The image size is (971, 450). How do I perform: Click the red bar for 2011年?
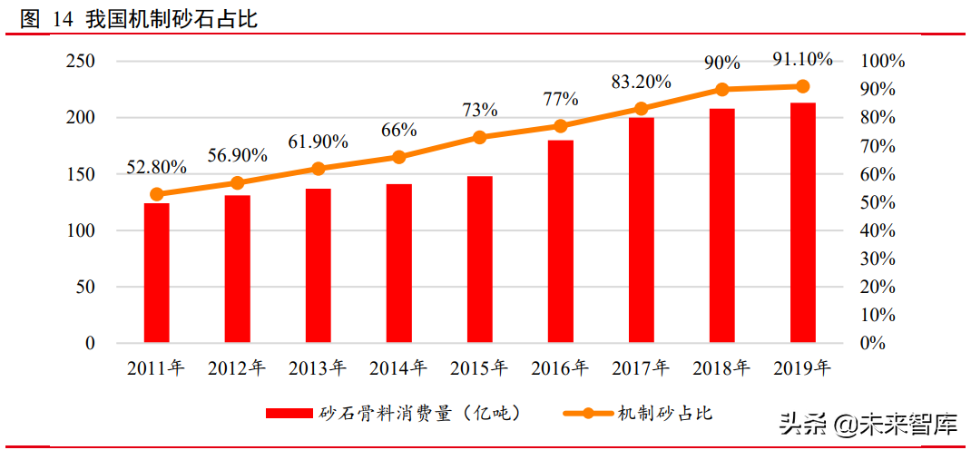(x=156, y=273)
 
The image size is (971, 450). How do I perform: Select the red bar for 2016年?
(x=560, y=242)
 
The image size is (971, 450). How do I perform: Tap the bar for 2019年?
(x=802, y=223)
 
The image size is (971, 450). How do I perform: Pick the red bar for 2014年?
(x=398, y=263)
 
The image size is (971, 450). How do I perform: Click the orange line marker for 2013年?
(x=318, y=169)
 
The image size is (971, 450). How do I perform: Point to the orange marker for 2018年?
(x=721, y=89)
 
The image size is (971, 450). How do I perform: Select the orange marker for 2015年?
(x=479, y=137)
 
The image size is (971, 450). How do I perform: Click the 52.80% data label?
(x=156, y=168)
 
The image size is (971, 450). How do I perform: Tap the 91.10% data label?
(x=801, y=60)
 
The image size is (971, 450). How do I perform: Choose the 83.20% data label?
(x=641, y=82)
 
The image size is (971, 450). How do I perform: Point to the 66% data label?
(x=398, y=131)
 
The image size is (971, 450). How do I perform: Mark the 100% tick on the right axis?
(x=883, y=62)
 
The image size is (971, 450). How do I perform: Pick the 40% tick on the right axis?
(x=878, y=231)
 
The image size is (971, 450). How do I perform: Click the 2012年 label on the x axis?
(x=237, y=368)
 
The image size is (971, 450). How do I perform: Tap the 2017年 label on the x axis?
(x=641, y=368)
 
